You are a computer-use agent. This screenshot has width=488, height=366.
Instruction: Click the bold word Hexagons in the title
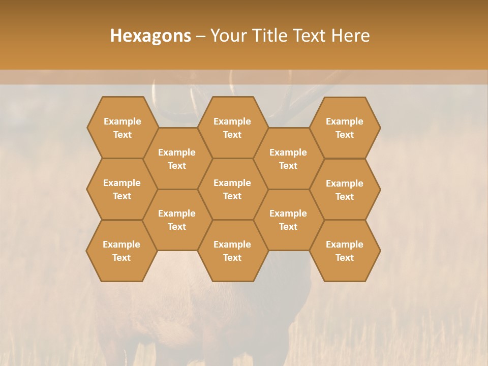[150, 36]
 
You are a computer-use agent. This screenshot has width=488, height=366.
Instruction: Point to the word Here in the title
[351, 36]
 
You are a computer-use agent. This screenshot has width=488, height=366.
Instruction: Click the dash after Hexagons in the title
[201, 36]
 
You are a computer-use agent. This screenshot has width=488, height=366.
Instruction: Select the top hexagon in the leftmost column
[122, 128]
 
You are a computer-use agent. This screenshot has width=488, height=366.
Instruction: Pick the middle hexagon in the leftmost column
[122, 189]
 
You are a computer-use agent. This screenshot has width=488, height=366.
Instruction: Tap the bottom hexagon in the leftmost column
[121, 251]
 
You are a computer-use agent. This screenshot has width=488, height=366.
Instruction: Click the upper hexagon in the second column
[177, 159]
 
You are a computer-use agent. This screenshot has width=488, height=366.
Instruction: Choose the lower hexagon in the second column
[177, 220]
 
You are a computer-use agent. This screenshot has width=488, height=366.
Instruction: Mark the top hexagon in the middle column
[232, 128]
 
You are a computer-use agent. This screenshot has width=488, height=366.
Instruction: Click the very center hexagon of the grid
[232, 189]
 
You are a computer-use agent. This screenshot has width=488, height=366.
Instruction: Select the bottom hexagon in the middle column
[232, 251]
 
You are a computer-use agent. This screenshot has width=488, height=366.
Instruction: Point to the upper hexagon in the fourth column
[288, 159]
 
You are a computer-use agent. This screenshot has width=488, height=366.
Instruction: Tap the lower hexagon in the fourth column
[288, 220]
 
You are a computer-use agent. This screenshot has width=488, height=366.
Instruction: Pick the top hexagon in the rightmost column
[345, 128]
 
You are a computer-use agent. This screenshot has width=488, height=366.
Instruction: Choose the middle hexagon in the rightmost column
[345, 190]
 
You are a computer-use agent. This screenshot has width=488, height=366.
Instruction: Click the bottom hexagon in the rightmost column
[345, 251]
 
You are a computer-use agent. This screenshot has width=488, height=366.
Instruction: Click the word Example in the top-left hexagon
[122, 121]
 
